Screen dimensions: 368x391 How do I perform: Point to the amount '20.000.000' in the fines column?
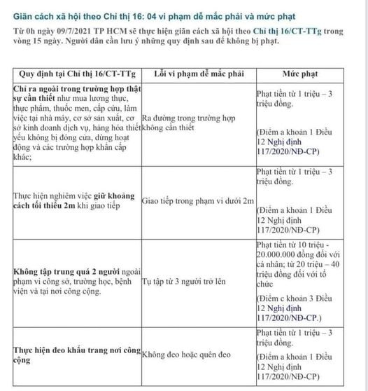(x=278, y=258)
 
